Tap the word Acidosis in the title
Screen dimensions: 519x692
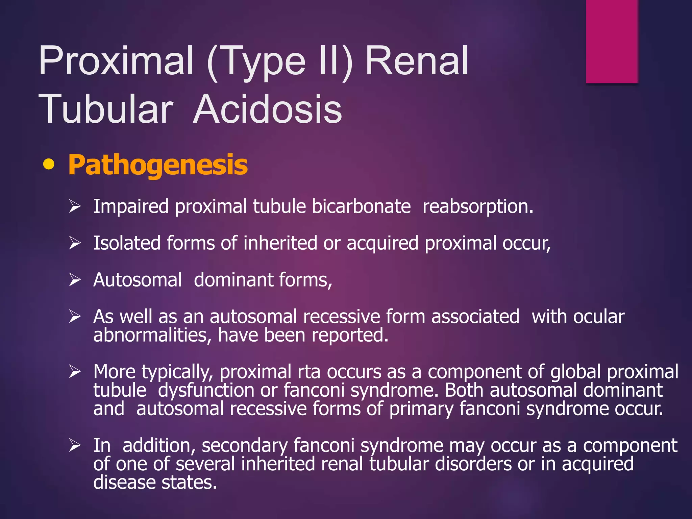point(268,109)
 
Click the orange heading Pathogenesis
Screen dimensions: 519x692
point(158,165)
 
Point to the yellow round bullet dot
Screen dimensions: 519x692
point(49,164)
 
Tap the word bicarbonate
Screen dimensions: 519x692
point(361,206)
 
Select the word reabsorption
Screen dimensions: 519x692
point(478,206)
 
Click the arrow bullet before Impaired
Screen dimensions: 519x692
point(75,206)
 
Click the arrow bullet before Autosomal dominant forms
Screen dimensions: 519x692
point(75,280)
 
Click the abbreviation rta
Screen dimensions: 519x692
point(309,372)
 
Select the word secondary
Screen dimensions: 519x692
point(244,446)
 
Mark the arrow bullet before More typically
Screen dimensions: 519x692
point(75,372)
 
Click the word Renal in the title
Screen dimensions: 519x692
point(417,61)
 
